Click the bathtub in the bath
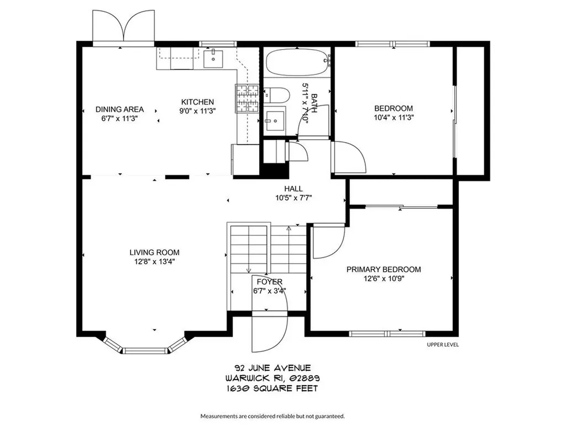[298, 62]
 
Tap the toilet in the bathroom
[277, 96]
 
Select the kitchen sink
[213, 59]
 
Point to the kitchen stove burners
[247, 98]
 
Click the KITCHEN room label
[197, 102]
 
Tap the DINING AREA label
[119, 109]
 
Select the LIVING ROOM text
[155, 252]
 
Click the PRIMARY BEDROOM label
[384, 269]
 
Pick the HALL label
[294, 189]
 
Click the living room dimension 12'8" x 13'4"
[155, 262]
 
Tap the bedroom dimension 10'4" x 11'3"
[394, 117]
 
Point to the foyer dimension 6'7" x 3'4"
[270, 291]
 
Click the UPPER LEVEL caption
[443, 345]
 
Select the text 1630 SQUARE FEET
[272, 388]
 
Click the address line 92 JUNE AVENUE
[272, 368]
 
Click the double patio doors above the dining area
[124, 26]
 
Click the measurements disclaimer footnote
[272, 416]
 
